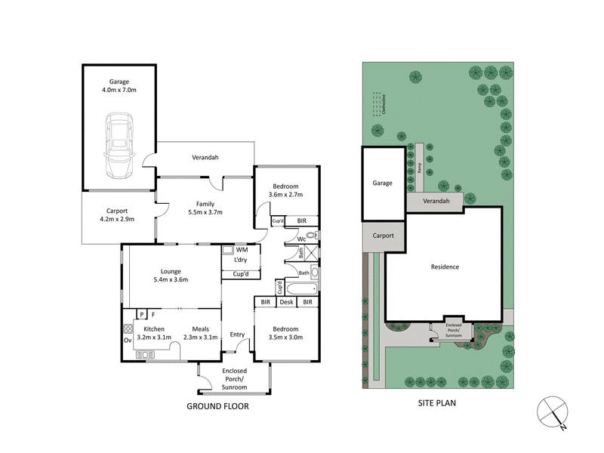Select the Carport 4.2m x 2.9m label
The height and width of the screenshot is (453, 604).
[x=118, y=215]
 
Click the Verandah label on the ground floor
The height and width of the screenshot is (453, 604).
[x=205, y=157]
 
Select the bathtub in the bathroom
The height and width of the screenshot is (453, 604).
[x=301, y=288]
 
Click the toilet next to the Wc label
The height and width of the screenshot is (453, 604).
[x=314, y=236]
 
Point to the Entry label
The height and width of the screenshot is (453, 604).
[x=237, y=334]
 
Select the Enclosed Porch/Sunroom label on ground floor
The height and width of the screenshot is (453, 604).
[x=234, y=379]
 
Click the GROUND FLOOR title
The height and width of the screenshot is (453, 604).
[x=217, y=406]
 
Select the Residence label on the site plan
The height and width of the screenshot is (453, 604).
[x=445, y=267]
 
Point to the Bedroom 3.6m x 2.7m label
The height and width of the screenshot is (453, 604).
[x=285, y=190]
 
